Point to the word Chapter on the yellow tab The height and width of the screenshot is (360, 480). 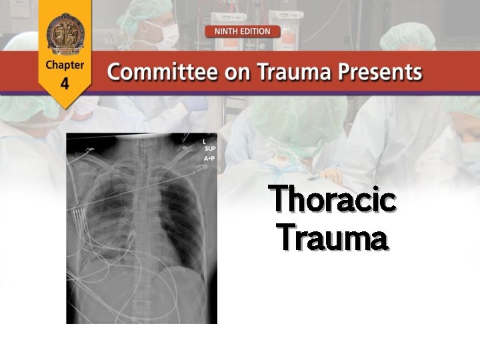click(65, 65)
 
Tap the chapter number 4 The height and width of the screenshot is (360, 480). click(65, 84)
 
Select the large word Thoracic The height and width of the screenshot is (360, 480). click(332, 201)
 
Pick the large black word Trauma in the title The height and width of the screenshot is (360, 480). click(332, 237)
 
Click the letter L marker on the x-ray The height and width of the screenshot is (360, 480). click(204, 141)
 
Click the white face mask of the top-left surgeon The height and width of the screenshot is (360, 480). click(167, 33)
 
